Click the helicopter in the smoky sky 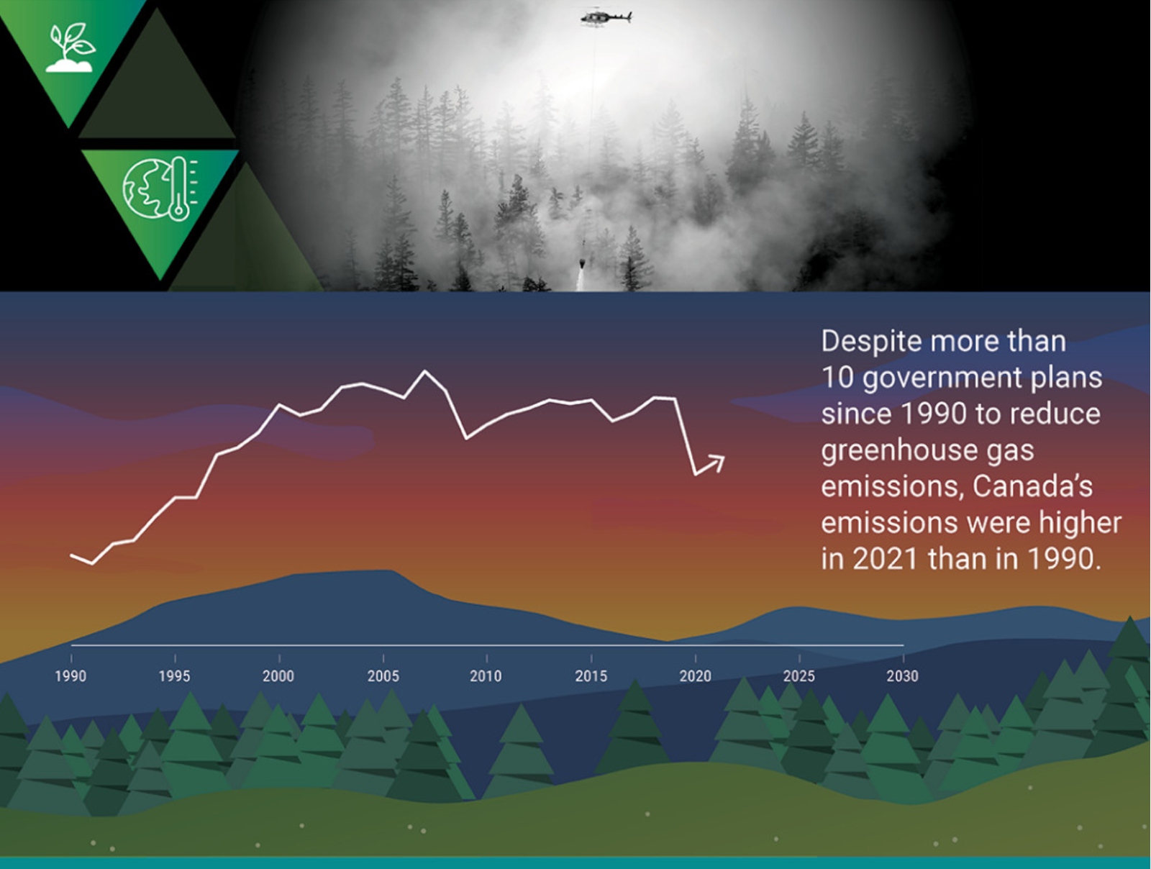(606, 17)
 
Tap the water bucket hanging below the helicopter (583, 263)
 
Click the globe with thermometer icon (160, 188)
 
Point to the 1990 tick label (70, 676)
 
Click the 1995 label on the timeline (175, 676)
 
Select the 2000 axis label (278, 676)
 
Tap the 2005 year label (383, 676)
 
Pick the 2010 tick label (486, 676)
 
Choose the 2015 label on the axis (591, 676)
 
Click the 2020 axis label (696, 676)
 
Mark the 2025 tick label (799, 676)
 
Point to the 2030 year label (903, 676)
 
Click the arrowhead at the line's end (719, 462)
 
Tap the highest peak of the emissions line (424, 371)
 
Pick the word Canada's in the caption (1032, 486)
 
